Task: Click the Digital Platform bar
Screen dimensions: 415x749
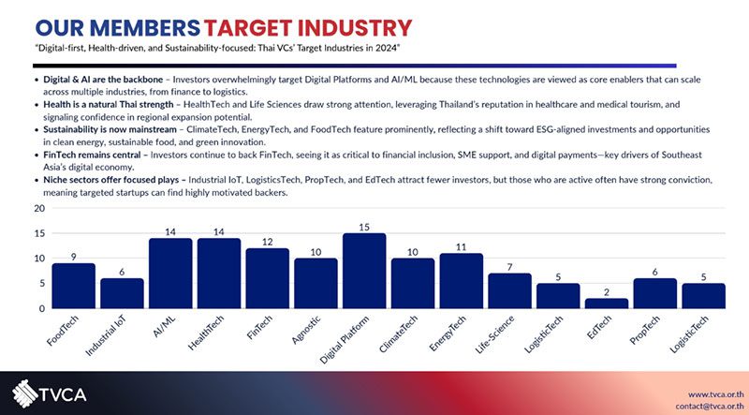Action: point(364,271)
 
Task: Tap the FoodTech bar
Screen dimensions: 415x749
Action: point(73,286)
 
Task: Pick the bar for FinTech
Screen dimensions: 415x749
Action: point(267,278)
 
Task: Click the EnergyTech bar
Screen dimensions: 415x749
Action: point(461,280)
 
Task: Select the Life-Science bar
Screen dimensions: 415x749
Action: point(509,290)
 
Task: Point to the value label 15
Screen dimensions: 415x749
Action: point(364,226)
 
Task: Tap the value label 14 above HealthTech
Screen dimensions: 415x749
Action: point(219,230)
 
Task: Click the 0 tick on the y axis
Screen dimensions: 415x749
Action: point(40,308)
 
